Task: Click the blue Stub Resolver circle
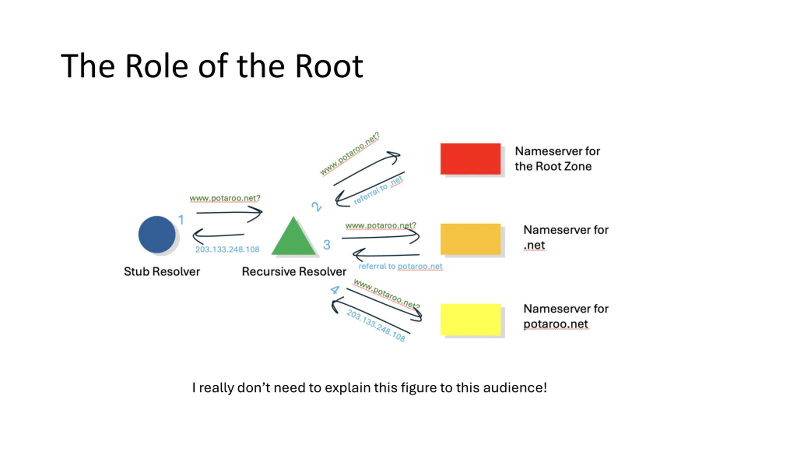click(x=157, y=234)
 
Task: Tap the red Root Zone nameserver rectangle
click(x=470, y=159)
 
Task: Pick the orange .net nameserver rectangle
click(x=470, y=239)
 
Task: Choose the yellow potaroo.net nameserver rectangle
click(x=470, y=320)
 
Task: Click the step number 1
click(x=181, y=220)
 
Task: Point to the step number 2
click(x=317, y=206)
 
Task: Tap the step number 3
click(x=327, y=245)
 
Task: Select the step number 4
click(x=335, y=290)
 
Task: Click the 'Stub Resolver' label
click(x=162, y=272)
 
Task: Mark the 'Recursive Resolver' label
click(x=294, y=272)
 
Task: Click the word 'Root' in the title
click(x=329, y=66)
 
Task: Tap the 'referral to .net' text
click(x=378, y=190)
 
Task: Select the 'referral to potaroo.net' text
click(x=400, y=266)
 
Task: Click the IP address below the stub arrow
click(x=227, y=249)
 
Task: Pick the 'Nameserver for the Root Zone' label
click(x=557, y=159)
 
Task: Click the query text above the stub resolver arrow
click(x=225, y=198)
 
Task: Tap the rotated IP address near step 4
click(x=376, y=325)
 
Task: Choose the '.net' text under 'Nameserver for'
click(x=534, y=245)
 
